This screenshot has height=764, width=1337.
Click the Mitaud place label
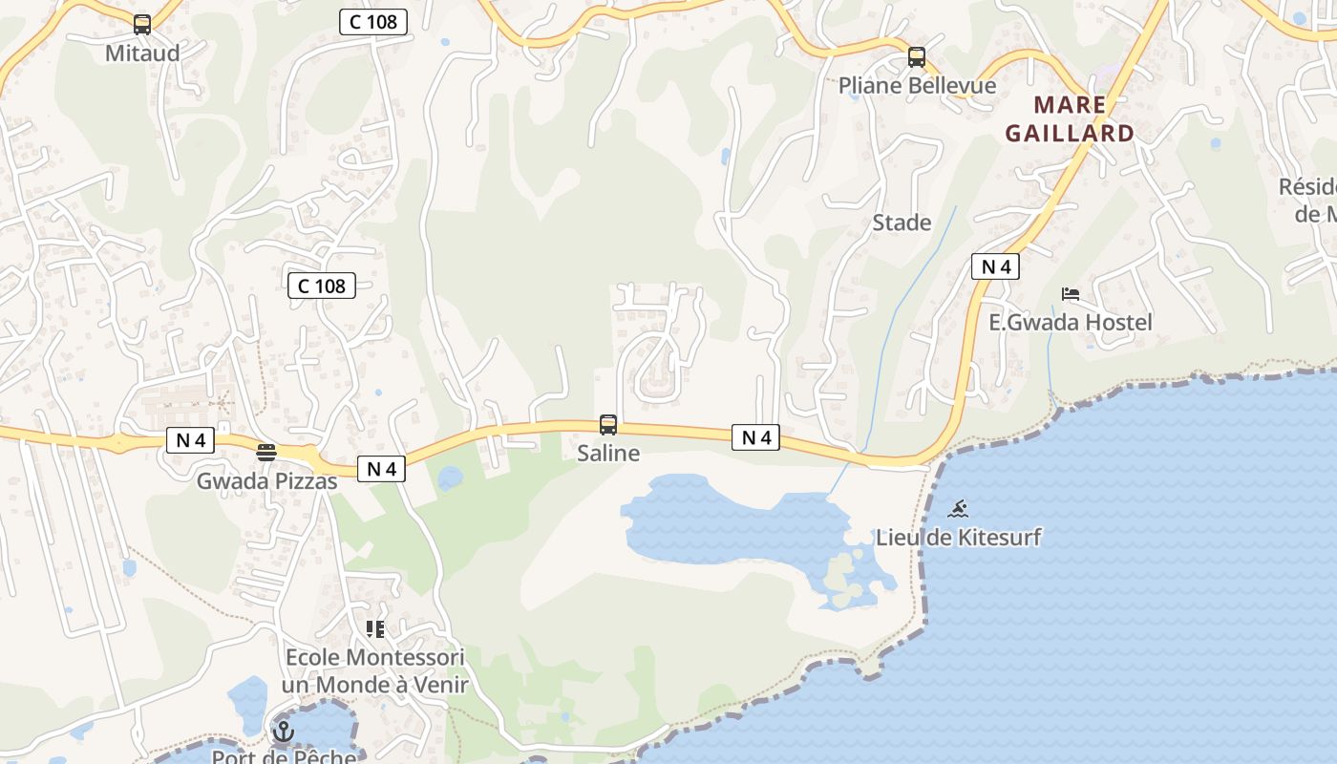click(142, 53)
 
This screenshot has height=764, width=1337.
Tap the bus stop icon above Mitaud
click(142, 25)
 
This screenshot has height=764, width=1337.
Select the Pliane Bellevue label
click(917, 86)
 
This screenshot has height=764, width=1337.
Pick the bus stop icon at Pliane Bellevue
click(917, 57)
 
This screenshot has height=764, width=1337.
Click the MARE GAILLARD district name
click(1070, 119)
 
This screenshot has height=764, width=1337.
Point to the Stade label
click(902, 223)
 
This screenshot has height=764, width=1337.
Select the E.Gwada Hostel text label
click(1071, 323)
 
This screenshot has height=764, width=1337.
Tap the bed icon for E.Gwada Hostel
click(1071, 294)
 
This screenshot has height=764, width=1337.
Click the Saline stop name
click(608, 454)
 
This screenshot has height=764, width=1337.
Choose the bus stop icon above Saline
click(608, 425)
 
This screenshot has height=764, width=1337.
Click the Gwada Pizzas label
click(266, 481)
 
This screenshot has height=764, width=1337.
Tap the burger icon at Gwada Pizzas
click(266, 453)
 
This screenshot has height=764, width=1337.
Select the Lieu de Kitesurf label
click(959, 538)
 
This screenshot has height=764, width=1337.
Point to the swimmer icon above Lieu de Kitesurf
click(959, 508)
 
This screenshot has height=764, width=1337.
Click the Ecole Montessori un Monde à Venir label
click(375, 671)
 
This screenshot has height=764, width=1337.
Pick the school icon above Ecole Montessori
click(375, 628)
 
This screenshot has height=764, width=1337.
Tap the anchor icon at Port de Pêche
click(283, 732)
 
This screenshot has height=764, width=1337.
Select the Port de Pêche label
click(284, 757)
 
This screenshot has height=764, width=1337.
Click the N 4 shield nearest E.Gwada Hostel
click(995, 267)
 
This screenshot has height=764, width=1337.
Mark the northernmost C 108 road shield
click(373, 22)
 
